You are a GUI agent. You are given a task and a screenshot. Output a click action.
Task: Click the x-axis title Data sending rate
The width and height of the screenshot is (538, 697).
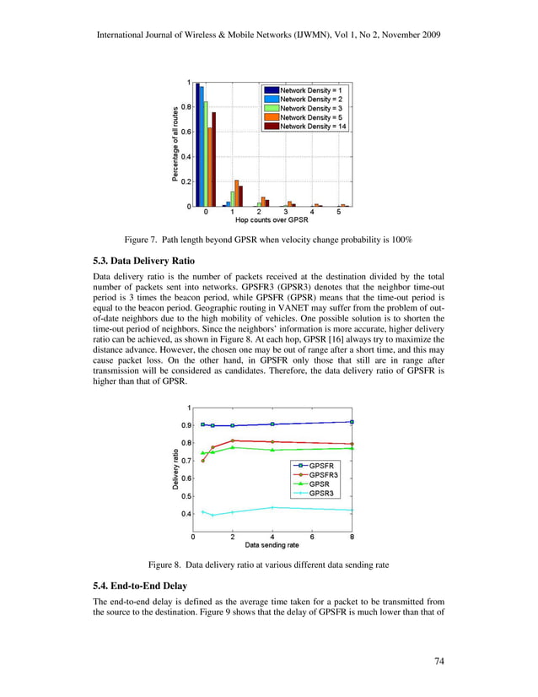click(272, 544)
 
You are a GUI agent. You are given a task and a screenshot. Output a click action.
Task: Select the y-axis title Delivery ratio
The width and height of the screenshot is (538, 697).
click(176, 469)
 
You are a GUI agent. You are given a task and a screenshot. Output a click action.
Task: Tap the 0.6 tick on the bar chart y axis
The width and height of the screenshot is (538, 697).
click(186, 132)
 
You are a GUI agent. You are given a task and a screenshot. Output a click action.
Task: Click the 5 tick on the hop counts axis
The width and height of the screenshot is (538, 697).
click(338, 213)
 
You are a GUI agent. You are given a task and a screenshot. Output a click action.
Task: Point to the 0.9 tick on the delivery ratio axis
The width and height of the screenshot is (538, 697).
click(185, 425)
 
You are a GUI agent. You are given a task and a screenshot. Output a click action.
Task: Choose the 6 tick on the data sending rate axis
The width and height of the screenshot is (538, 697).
click(312, 537)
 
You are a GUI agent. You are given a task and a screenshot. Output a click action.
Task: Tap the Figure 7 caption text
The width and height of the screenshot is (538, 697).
click(268, 240)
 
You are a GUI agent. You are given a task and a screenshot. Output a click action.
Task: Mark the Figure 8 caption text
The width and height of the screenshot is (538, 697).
click(268, 564)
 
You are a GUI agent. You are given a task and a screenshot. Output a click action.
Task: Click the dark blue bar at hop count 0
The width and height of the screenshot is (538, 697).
click(197, 144)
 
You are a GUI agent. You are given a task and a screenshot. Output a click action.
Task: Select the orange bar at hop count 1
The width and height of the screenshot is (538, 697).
click(237, 193)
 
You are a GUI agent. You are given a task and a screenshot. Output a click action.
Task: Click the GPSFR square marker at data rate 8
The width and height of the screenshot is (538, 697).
click(352, 422)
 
